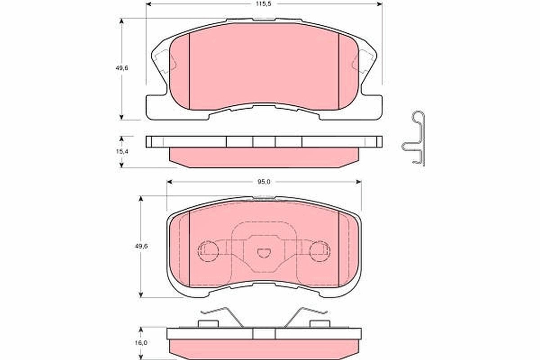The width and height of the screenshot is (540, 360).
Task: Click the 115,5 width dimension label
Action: coord(264,4)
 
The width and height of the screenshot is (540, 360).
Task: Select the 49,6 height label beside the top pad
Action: coord(122,68)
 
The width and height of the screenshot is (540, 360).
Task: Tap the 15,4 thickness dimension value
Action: coord(122,152)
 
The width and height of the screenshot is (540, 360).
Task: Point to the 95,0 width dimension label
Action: coord(264,182)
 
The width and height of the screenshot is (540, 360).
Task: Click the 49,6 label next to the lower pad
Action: coord(141,246)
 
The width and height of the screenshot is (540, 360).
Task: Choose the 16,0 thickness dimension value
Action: coord(141,342)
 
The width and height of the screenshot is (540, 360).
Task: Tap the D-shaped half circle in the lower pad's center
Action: coord(264,253)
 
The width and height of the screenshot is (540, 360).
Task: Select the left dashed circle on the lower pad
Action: coord(208,252)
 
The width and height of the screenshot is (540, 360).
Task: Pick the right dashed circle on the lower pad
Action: coord(320,252)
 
